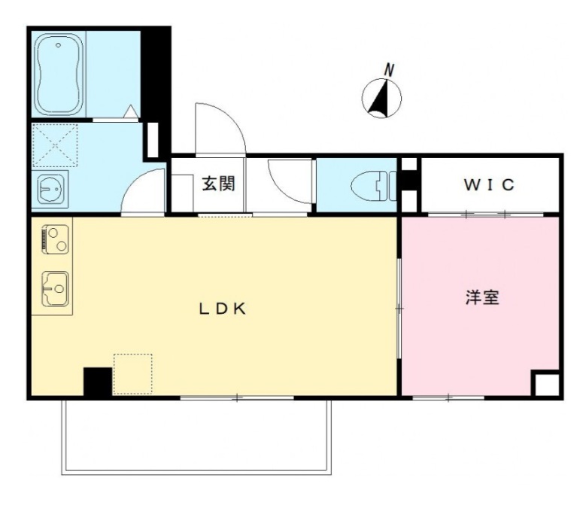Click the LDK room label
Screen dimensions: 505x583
(x=223, y=308)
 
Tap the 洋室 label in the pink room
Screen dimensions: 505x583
(x=481, y=297)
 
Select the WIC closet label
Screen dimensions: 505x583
(x=489, y=185)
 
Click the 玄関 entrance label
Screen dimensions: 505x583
(x=218, y=184)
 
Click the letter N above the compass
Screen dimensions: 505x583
(x=389, y=69)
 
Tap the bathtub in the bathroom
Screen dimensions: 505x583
(x=59, y=74)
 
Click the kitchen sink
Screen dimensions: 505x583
(x=54, y=287)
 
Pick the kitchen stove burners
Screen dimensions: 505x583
(x=54, y=239)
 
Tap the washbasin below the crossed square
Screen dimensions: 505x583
(x=51, y=187)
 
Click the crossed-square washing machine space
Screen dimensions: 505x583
(x=55, y=145)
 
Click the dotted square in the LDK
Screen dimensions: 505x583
(x=132, y=373)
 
